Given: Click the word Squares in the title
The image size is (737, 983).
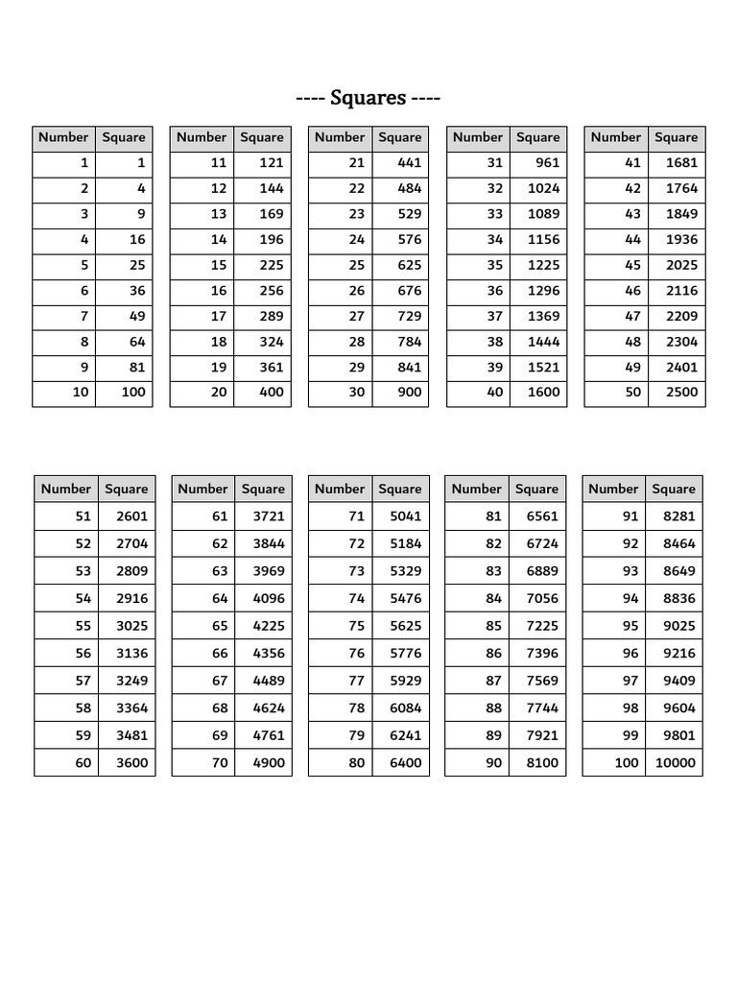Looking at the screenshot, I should point(368,98).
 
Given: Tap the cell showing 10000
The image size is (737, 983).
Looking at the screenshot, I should point(677,763).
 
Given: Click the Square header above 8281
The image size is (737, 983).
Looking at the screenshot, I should point(674,489).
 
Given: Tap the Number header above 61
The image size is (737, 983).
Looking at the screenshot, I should point(202,489).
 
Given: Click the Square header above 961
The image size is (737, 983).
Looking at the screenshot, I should point(537,137).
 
